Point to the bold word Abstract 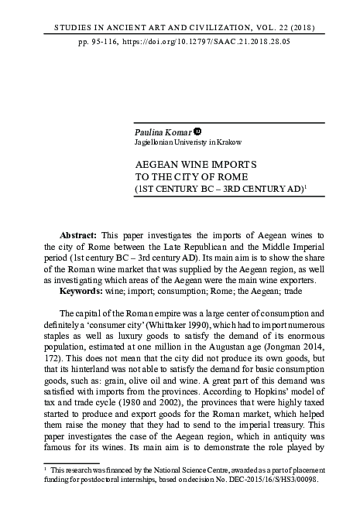coord(77,234)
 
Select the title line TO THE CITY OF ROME coord(183,176)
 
